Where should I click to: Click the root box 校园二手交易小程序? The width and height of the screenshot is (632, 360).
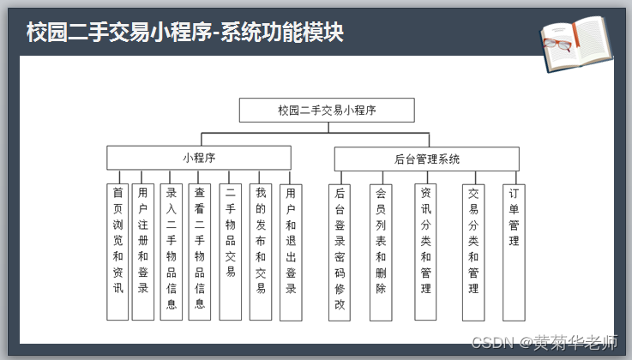coord(327,111)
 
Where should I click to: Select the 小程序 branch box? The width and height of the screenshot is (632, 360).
coord(199,158)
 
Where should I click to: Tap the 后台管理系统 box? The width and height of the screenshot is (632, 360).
coord(426,159)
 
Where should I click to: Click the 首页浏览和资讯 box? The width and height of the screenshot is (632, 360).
coord(118,252)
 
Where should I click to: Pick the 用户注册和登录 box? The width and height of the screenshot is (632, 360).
coord(142,252)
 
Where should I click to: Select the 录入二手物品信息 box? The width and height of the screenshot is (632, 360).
coord(172,252)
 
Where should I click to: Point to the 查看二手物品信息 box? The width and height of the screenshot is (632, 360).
coord(200,252)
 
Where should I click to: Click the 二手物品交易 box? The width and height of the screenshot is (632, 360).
coord(230,252)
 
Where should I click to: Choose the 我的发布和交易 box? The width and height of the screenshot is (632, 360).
coord(261,252)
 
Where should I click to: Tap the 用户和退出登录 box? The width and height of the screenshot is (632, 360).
coord(291,252)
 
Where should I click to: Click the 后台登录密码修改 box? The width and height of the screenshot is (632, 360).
coord(340,252)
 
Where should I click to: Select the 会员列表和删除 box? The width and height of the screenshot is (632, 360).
coord(381,252)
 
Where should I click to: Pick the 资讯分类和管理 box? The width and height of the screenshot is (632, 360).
coord(425,252)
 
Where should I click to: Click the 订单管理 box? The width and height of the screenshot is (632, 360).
coord(514,252)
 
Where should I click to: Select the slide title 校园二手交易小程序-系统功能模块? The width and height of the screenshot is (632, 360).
coord(185,33)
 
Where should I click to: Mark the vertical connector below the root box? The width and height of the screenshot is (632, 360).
coord(327,128)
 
